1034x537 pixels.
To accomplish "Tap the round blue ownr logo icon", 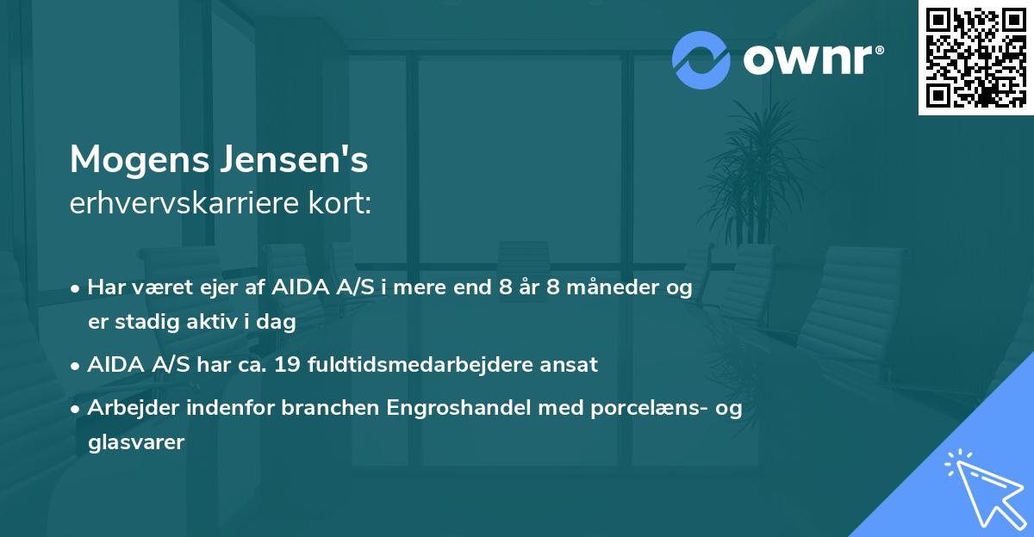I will click(x=701, y=59).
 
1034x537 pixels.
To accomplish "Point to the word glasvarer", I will click(x=136, y=442).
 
